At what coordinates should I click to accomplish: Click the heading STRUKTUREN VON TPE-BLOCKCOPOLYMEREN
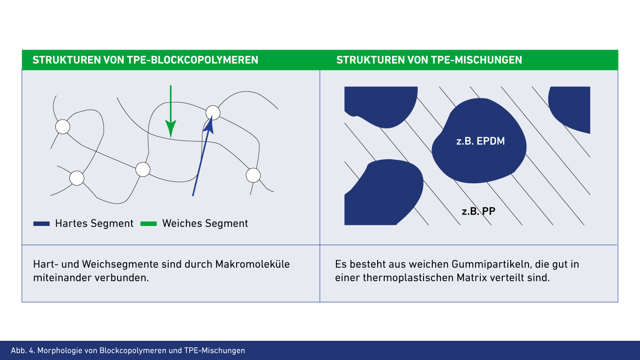point(145,60)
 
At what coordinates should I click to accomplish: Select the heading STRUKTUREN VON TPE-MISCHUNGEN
point(429,60)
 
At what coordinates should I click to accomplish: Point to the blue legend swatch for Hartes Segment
point(41,224)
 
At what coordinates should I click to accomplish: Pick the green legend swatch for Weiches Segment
point(149,224)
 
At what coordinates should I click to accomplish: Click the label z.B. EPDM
point(480,141)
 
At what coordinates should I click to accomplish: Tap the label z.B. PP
point(478,211)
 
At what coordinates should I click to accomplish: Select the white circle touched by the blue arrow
point(213,112)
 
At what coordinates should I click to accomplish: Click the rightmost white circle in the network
point(253,175)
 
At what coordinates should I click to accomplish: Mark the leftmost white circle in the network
point(62,127)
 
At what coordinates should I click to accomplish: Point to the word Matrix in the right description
point(470,277)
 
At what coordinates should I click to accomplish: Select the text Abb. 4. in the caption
point(22,351)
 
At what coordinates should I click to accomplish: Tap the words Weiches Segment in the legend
point(205,224)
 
